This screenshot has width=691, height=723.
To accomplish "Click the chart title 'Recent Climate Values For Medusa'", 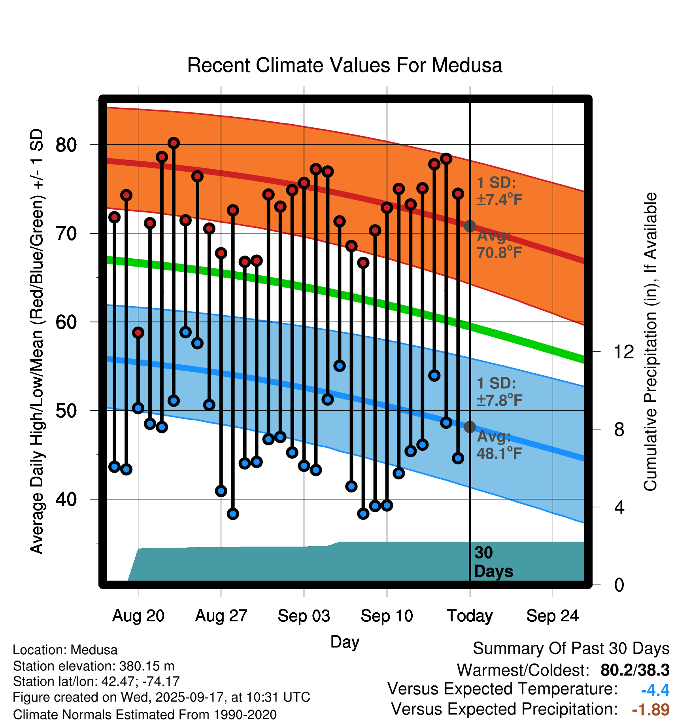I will (x=344, y=65).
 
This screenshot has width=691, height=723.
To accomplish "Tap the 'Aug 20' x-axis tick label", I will (x=138, y=616).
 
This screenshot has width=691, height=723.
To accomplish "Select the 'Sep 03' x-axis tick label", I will (x=304, y=616).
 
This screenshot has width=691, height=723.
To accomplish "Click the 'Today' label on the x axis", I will (x=470, y=616).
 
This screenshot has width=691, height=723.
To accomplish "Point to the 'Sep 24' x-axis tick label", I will (x=552, y=616).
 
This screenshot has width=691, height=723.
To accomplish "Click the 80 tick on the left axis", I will (x=66, y=145).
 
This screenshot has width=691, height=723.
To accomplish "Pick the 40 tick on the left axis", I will (x=66, y=499).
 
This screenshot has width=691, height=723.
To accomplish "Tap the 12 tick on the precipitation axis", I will (x=623, y=352).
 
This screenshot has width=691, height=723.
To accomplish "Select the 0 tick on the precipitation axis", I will (x=619, y=585).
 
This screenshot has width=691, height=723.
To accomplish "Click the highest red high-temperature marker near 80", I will (x=174, y=143).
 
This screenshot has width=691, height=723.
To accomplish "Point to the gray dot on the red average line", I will (x=470, y=226).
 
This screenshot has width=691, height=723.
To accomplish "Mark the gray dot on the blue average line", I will (x=470, y=427).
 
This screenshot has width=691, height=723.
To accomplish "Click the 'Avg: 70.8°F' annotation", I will (x=499, y=244).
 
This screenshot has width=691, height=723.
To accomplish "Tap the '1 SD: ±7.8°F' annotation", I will (x=499, y=392).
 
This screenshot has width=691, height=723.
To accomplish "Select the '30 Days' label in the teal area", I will (x=493, y=562).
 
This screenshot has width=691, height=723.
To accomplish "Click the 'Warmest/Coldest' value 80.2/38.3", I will (x=634, y=670).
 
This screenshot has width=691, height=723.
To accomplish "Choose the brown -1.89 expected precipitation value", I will (x=651, y=710).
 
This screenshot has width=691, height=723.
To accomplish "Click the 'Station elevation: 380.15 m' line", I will (x=94, y=666).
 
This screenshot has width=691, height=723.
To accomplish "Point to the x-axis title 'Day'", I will (x=345, y=642).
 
